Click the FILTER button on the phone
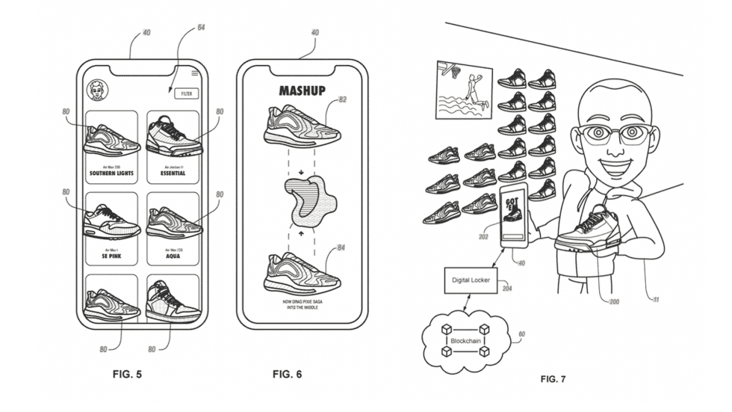(x=185, y=93)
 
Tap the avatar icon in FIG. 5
(x=96, y=90)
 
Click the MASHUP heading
(x=302, y=90)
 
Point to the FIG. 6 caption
(x=287, y=373)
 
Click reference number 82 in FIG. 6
(x=342, y=100)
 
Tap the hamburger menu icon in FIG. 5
(x=195, y=73)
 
